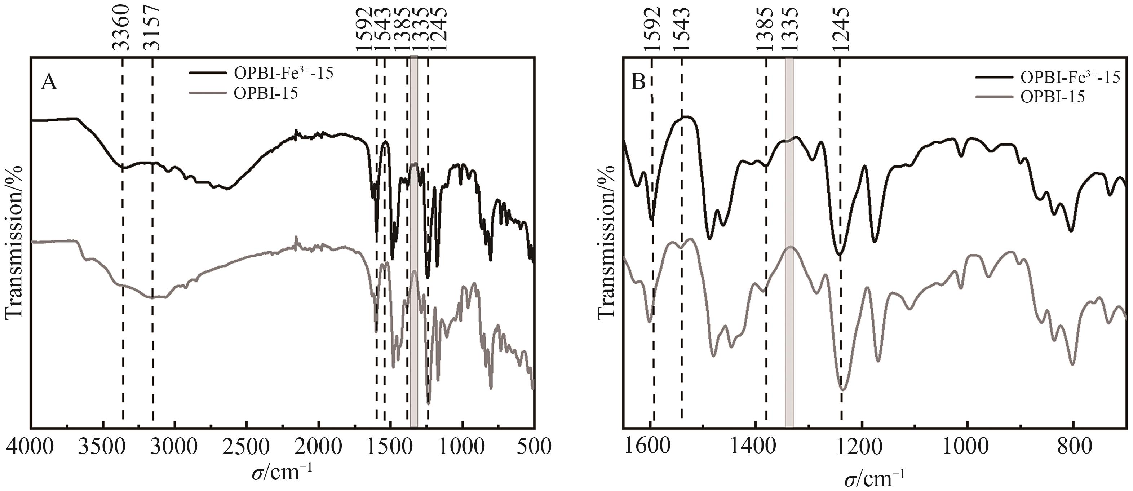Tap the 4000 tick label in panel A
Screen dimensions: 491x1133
coord(30,447)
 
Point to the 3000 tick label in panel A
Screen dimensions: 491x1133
coord(175,447)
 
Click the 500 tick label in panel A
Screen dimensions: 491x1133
coord(534,447)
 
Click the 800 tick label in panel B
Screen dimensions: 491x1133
coord(1073,447)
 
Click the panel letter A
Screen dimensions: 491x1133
coord(49,82)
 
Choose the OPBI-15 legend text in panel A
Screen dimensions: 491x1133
coord(266,93)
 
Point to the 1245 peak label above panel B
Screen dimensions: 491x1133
coord(841,28)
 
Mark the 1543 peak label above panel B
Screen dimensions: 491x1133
coord(682,28)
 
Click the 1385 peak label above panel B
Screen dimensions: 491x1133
coord(766,28)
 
